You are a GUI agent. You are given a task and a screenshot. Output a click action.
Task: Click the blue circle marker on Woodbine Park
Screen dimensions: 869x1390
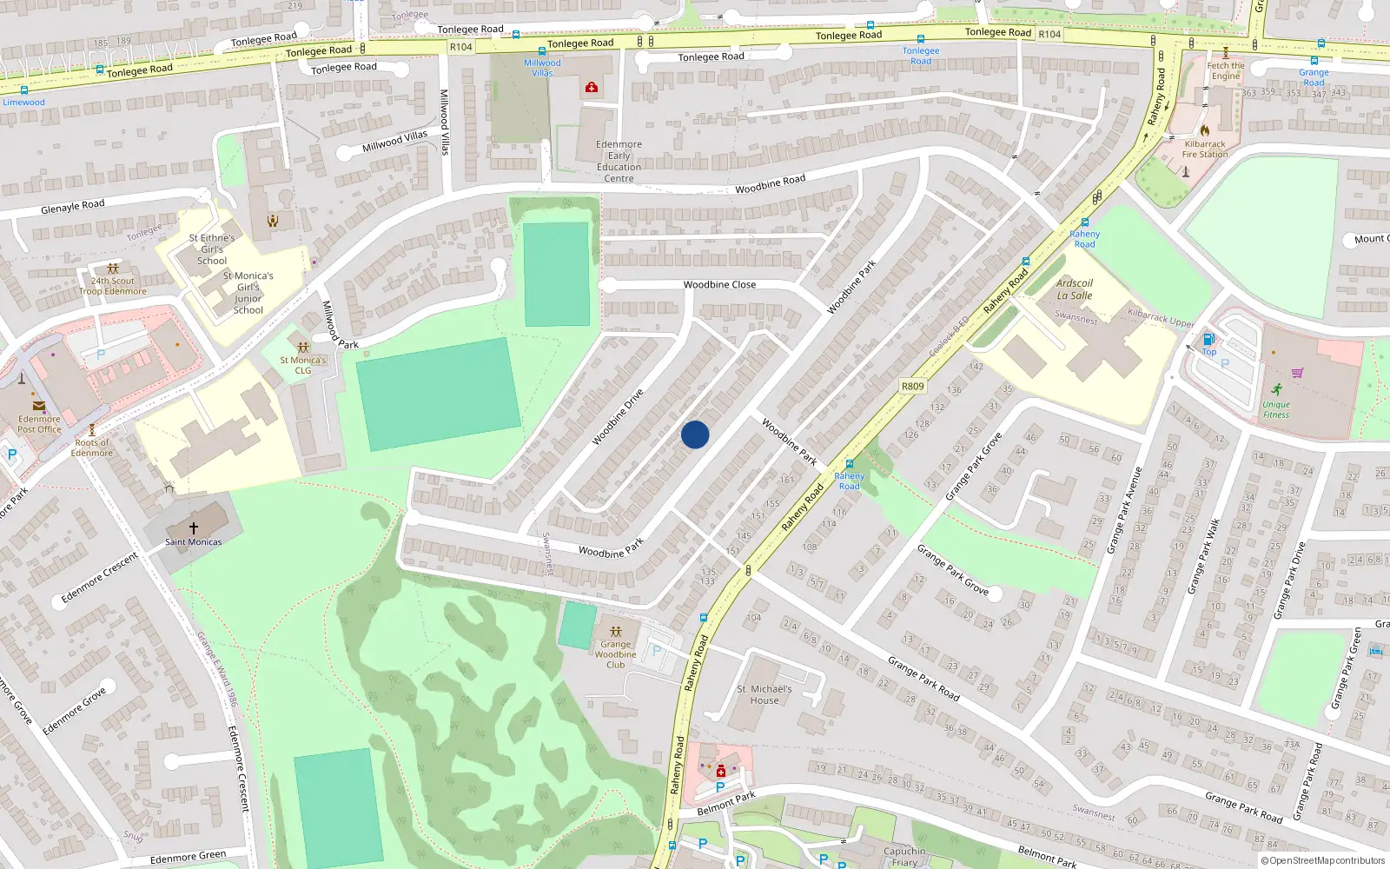(x=695, y=434)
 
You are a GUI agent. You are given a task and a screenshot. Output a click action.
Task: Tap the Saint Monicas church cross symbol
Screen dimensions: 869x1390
(x=194, y=527)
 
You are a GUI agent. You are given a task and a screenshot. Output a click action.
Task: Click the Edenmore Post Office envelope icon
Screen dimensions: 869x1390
(x=39, y=406)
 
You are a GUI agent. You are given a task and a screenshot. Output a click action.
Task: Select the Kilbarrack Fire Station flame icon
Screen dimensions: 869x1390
(x=1205, y=130)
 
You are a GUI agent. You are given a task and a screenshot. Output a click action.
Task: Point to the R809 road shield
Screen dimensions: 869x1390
(x=912, y=386)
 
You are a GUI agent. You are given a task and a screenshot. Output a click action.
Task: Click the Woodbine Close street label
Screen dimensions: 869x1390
(x=719, y=285)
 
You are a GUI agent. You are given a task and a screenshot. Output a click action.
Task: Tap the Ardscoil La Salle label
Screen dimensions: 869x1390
(x=1075, y=289)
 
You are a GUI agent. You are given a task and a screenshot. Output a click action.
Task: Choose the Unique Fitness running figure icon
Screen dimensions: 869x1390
(x=1276, y=389)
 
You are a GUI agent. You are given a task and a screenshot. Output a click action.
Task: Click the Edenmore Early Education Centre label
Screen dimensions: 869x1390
(x=619, y=162)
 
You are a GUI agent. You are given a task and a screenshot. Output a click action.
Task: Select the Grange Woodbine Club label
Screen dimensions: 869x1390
(x=615, y=654)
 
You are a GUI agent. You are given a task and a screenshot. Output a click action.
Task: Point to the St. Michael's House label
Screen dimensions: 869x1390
(x=764, y=694)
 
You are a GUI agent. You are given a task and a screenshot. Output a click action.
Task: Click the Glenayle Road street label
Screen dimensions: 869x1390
(x=73, y=207)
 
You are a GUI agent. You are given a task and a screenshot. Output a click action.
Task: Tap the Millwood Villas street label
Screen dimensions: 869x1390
(x=394, y=142)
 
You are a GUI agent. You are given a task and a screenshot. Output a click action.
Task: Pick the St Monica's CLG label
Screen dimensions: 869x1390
(x=302, y=365)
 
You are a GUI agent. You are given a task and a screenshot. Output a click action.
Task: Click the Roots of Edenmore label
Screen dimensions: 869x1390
(x=92, y=448)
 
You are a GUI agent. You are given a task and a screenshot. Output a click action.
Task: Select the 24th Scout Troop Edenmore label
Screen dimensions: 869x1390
(x=113, y=286)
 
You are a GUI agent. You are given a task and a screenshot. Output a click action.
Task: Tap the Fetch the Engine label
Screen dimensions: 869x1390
(x=1226, y=70)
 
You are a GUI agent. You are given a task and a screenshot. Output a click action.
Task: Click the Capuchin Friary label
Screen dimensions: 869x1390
(x=904, y=857)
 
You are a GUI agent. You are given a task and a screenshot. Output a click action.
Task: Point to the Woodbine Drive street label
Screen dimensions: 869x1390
(x=618, y=417)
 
